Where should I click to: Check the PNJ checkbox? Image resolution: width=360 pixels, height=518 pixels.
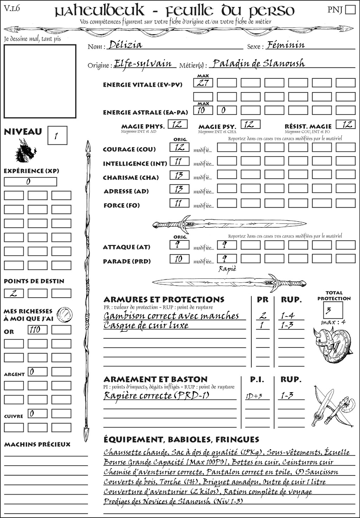tap(350, 9)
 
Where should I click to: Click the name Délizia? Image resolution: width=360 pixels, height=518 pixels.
tap(126, 45)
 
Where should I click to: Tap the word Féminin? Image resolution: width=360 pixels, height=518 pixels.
tap(285, 45)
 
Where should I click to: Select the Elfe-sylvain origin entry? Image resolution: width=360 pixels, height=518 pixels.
tap(143, 64)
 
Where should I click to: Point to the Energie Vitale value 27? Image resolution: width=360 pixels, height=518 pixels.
tap(203, 83)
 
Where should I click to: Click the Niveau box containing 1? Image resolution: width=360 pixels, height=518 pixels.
tap(57, 136)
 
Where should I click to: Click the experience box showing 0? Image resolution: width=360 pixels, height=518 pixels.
tap(30, 182)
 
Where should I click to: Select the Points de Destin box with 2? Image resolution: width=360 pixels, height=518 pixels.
tap(14, 293)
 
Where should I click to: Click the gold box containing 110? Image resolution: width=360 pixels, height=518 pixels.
tap(37, 330)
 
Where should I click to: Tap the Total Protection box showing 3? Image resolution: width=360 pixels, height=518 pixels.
tap(333, 310)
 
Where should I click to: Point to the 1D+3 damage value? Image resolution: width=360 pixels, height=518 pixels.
tap(254, 396)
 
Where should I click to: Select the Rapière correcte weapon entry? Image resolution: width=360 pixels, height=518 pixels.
tap(156, 396)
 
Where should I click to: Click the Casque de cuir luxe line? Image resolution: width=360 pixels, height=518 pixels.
tap(146, 325)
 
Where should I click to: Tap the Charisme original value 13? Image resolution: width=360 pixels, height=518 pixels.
tap(179, 175)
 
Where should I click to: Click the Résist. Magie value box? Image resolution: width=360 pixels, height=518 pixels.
tap(345, 124)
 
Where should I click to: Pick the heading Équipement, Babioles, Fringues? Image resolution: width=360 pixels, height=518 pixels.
tap(181, 439)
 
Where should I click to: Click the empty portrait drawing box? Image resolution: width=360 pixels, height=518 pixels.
tap(40, 81)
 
